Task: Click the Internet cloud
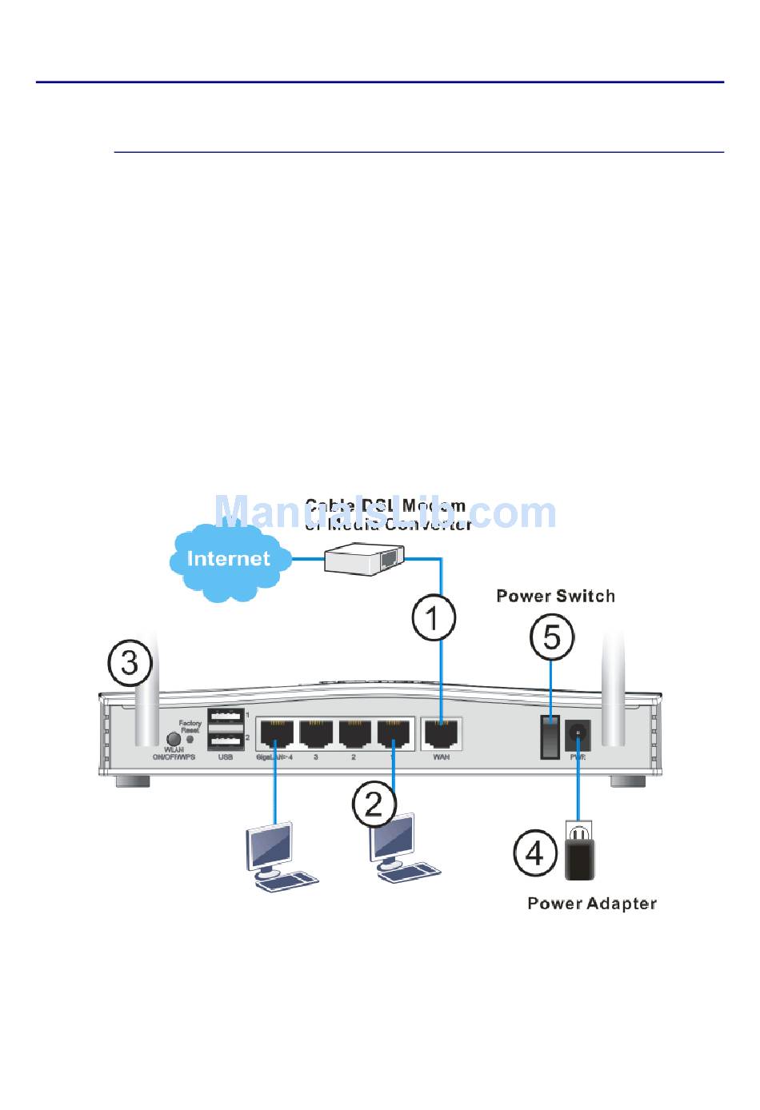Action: pos(228,559)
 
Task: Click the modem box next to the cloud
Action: pos(364,557)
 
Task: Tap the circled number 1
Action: pos(434,617)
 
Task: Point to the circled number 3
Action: pos(130,663)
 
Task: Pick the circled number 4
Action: pos(534,852)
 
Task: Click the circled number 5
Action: pos(552,637)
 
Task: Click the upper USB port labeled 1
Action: pos(226,716)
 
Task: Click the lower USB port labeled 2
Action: pos(226,739)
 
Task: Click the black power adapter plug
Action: pos(580,856)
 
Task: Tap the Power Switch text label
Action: pos(555,596)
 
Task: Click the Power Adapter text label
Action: pos(592,904)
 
